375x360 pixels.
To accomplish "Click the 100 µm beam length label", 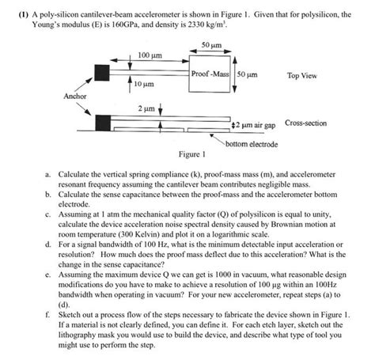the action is point(150,55).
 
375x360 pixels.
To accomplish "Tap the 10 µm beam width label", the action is point(144,84).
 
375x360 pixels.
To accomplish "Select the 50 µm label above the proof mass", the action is point(211,45).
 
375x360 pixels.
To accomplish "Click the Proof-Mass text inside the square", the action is point(210,74).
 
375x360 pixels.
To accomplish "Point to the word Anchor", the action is point(75,97).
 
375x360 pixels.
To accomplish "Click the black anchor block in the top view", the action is point(102,72).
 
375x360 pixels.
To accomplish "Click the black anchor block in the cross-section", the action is point(103,123).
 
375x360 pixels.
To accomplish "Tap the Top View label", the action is point(302,76).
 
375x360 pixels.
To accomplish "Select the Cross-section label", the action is point(305,123).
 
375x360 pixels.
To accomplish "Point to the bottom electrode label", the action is point(252,144).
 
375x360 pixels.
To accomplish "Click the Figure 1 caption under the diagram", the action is point(192,154).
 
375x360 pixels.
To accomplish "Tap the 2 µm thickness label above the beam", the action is point(146,108).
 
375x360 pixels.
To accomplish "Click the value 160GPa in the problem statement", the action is point(123,25).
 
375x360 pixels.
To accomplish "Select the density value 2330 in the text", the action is point(196,25).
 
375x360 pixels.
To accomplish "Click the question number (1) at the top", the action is point(23,14).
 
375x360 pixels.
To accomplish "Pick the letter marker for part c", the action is point(47,214).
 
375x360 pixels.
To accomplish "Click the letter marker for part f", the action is point(47,315).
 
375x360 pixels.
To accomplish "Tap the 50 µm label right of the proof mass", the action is point(247,74).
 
